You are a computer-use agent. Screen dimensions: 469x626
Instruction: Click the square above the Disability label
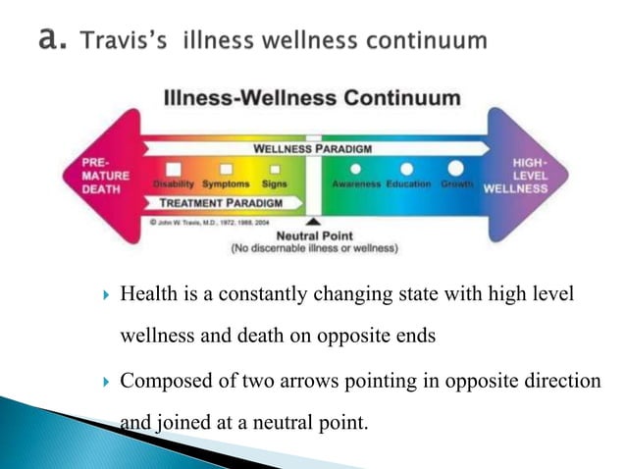coord(174,170)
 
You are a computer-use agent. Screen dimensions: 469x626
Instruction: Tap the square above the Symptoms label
coord(226,170)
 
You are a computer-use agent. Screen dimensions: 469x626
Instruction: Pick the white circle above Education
coord(406,169)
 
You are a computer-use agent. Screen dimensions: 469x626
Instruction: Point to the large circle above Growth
coord(455,169)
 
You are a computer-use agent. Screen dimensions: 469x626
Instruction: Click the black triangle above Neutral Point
coord(313,223)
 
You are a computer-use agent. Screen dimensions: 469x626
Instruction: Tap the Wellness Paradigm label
coord(312,149)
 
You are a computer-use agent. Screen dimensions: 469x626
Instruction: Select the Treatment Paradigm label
coord(219,203)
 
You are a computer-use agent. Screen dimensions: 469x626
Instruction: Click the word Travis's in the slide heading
coord(125,41)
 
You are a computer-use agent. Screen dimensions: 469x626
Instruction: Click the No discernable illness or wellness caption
coord(314,249)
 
